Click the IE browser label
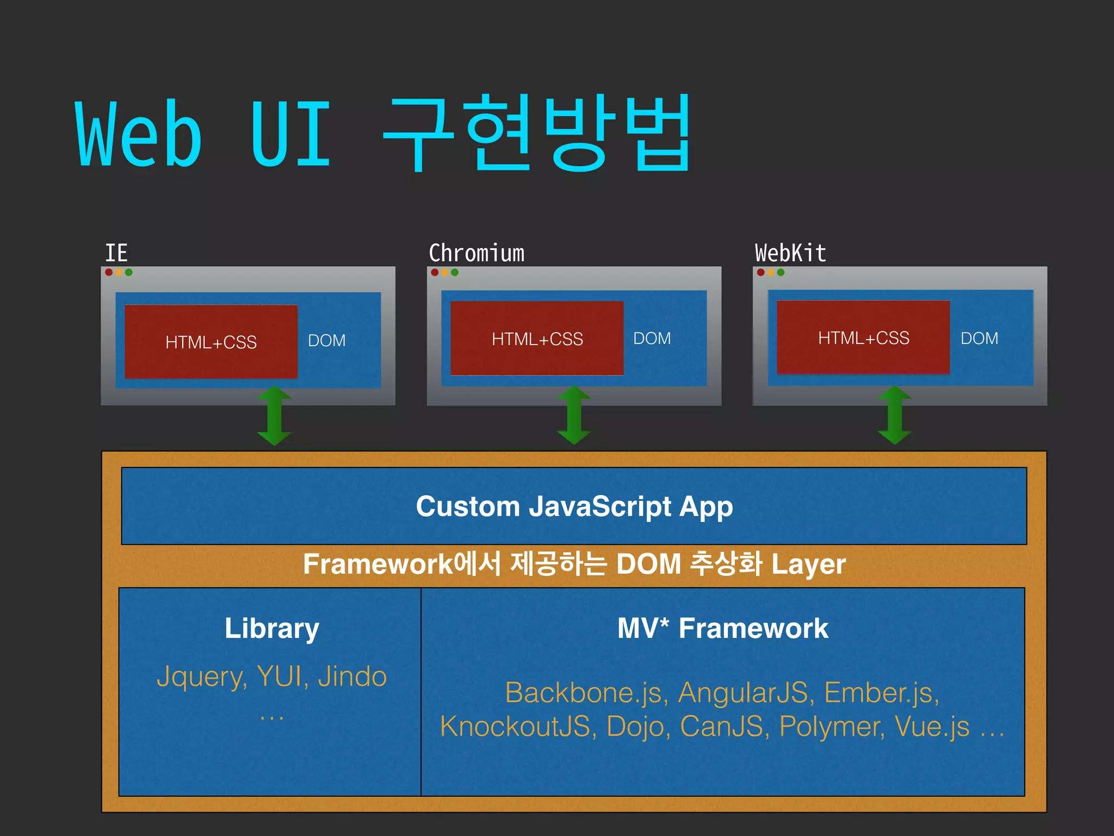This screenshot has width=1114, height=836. tap(116, 254)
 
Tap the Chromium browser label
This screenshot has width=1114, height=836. tap(476, 254)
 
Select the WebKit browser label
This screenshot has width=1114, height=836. tap(790, 254)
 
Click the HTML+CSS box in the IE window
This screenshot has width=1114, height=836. tap(211, 342)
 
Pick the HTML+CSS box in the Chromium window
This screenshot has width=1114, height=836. tap(537, 339)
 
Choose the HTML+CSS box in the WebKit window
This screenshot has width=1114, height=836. tap(863, 337)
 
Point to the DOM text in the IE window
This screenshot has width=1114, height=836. tap(327, 341)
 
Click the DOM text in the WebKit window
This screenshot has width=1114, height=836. tap(979, 339)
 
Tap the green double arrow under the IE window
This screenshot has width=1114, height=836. tap(274, 416)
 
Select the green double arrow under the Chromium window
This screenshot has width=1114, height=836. tap(574, 415)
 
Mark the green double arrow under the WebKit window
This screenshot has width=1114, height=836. tap(895, 415)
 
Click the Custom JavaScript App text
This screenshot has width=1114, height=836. tap(574, 507)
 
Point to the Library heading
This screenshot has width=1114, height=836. tap(272, 629)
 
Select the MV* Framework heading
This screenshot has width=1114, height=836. tap(722, 629)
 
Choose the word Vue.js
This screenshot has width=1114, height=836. tap(932, 727)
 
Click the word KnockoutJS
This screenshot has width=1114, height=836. tap(515, 727)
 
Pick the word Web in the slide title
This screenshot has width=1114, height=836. tap(139, 134)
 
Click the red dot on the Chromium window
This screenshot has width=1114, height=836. tap(435, 272)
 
